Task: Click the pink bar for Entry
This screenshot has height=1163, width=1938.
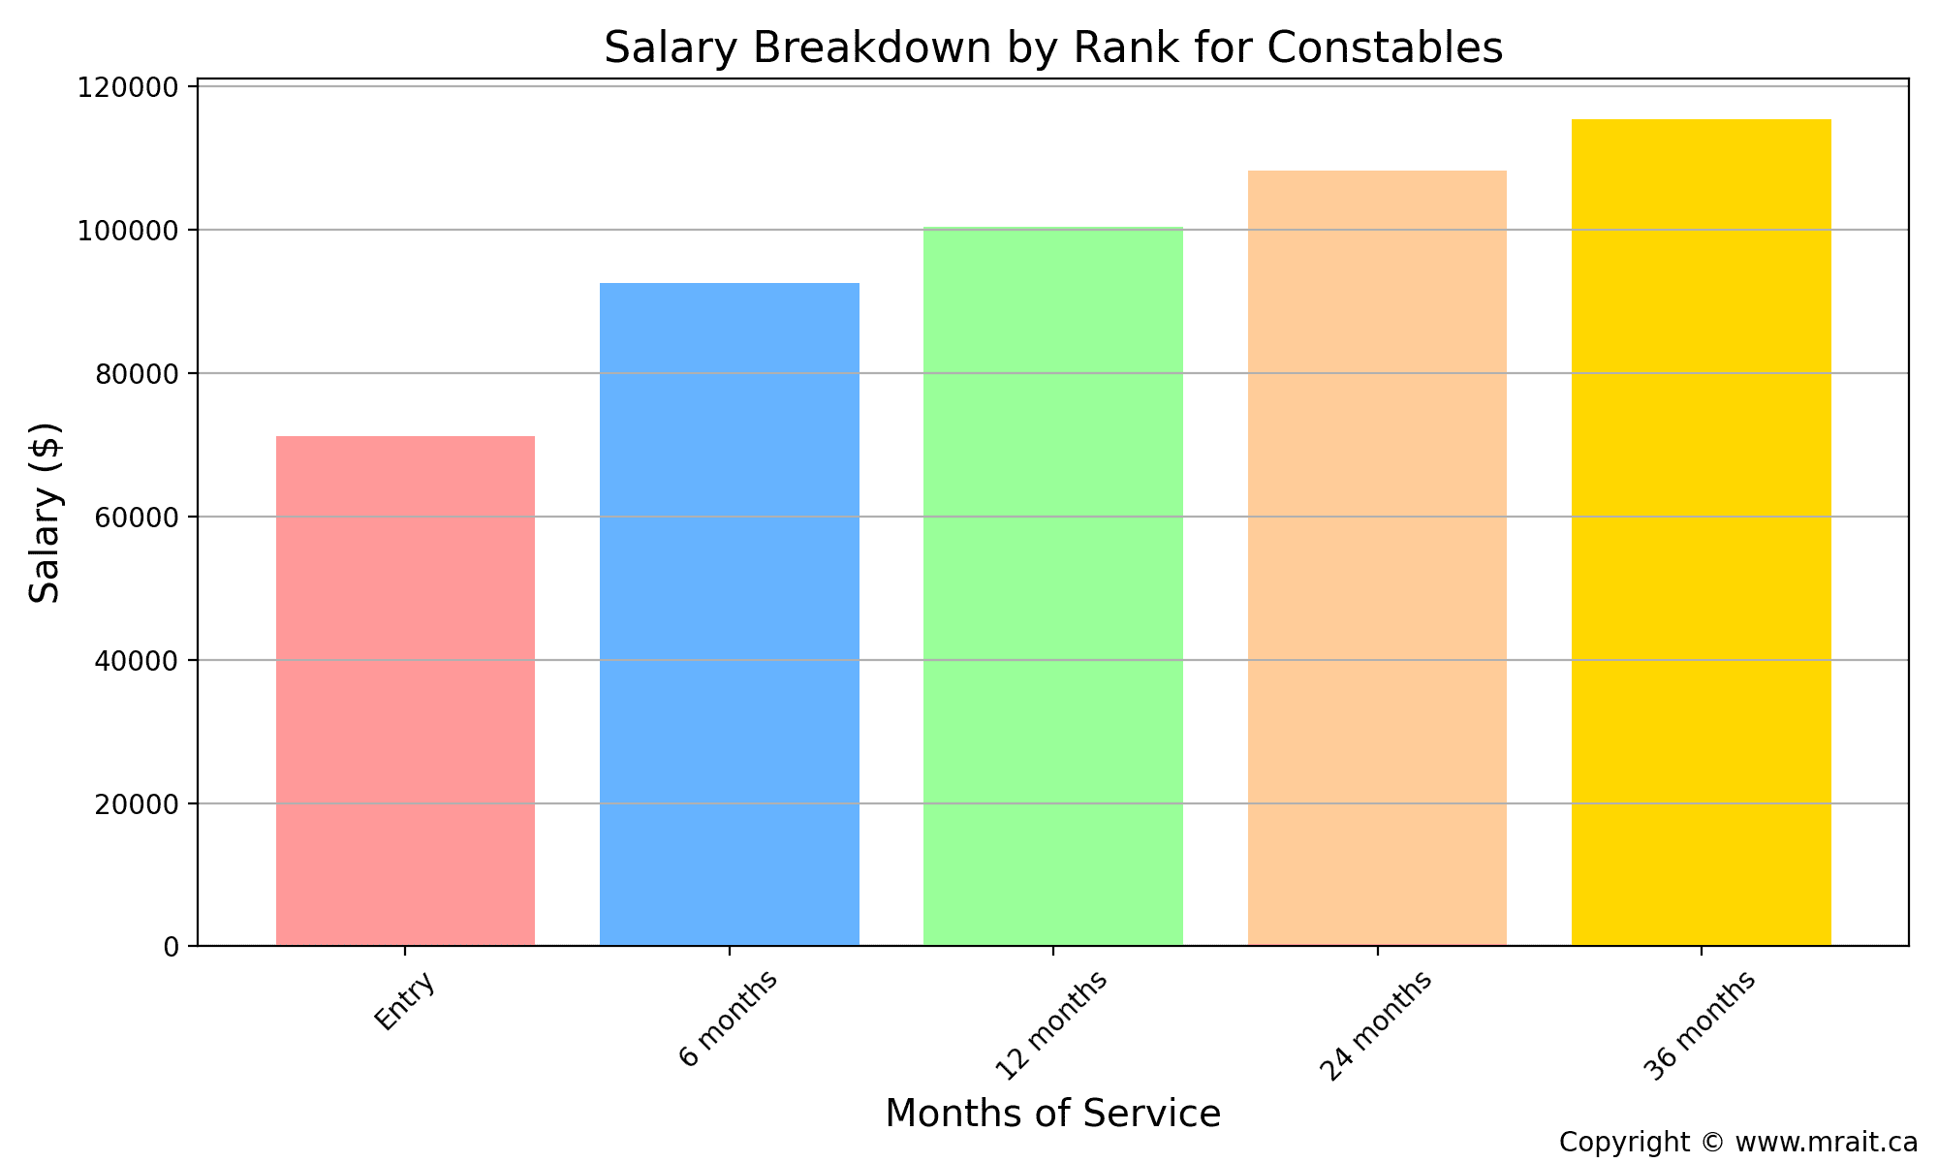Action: pos(405,691)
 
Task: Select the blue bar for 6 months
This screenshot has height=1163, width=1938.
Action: pos(730,614)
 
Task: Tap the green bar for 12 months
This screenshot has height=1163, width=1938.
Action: pos(1053,586)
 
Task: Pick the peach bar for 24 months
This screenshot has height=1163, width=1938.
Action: pos(1377,558)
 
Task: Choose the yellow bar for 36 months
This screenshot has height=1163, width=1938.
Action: pos(1701,533)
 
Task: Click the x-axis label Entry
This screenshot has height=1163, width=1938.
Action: pos(405,1002)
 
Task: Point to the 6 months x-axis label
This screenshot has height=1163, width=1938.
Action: pos(729,1018)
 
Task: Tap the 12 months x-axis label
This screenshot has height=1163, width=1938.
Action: pos(1052,1025)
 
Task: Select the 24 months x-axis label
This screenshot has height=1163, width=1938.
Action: pos(1376,1025)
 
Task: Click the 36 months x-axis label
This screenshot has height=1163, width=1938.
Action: pos(1700,1025)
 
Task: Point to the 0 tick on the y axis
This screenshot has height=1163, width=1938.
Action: pos(172,947)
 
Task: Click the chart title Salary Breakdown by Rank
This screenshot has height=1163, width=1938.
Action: pos(1053,48)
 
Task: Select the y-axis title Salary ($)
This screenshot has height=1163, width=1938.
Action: pos(46,512)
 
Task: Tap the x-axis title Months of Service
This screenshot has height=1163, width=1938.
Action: pos(1053,1114)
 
